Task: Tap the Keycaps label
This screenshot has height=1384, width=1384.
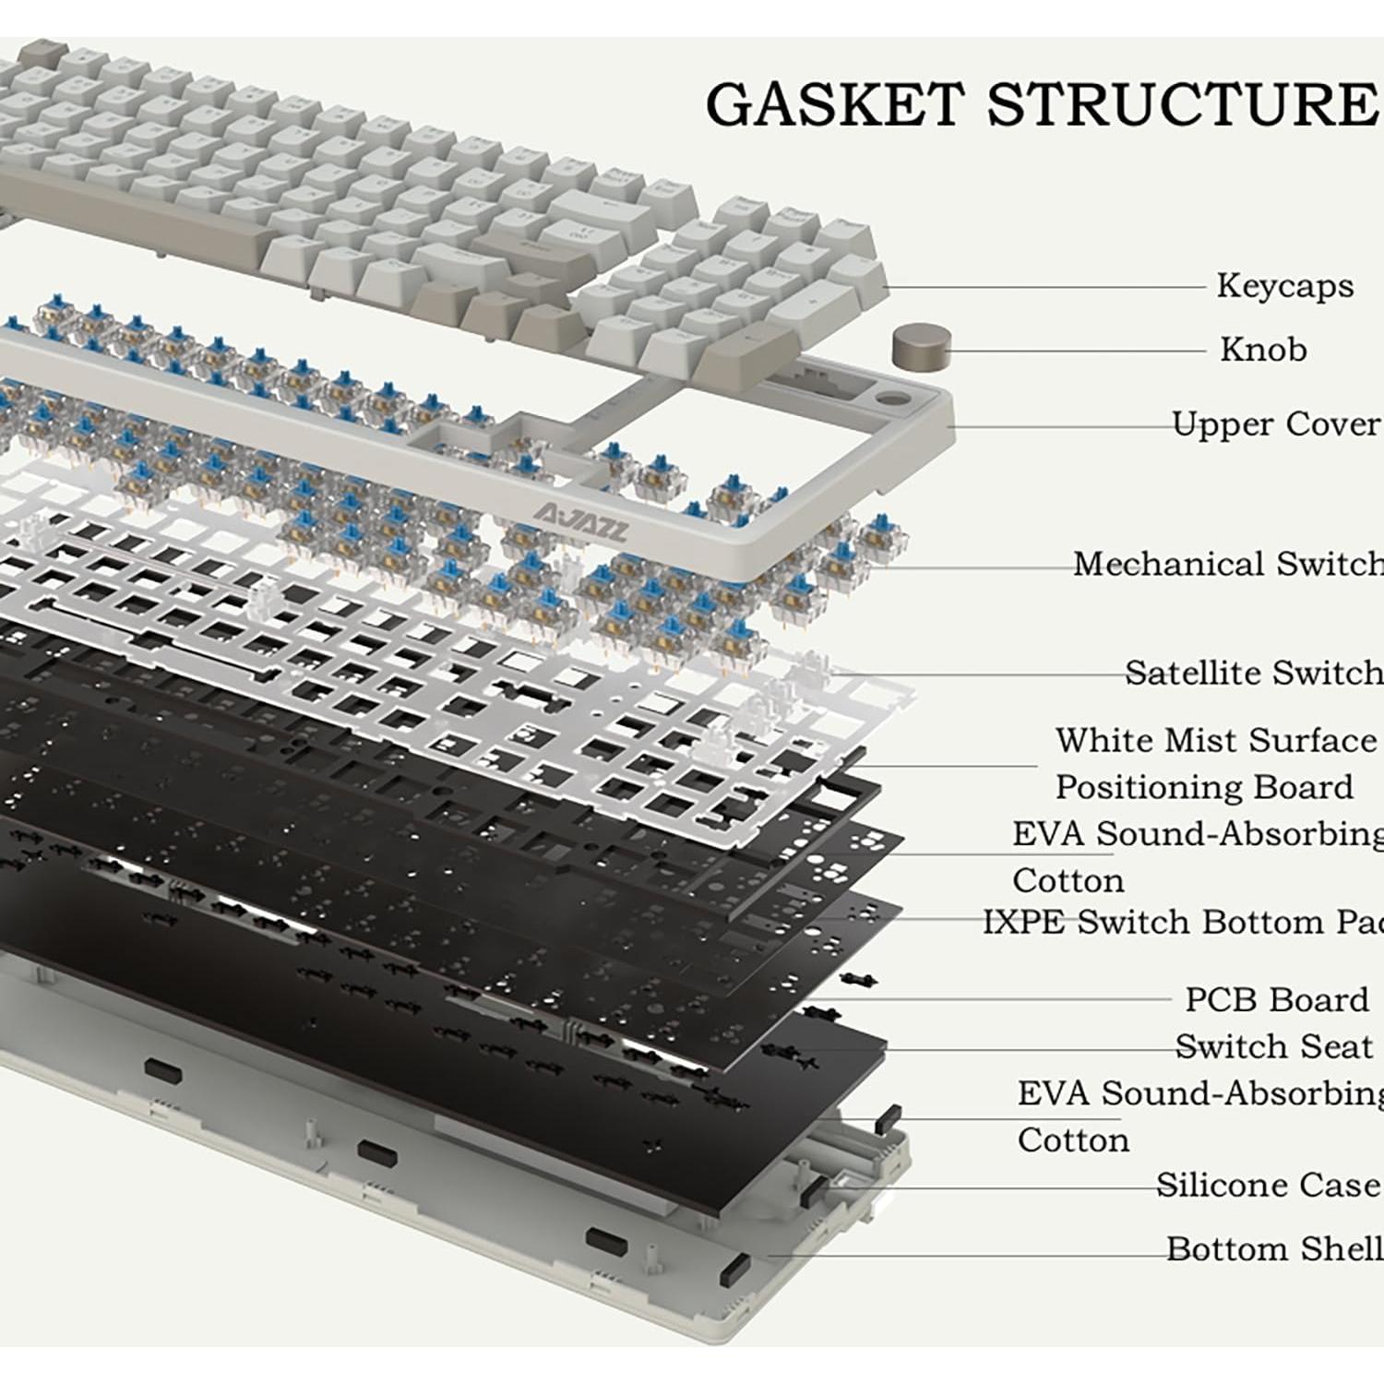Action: [x=1284, y=286]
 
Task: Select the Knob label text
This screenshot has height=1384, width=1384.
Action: [x=1263, y=350]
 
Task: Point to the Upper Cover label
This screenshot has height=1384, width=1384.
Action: [x=1276, y=424]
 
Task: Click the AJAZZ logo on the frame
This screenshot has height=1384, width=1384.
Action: [x=581, y=523]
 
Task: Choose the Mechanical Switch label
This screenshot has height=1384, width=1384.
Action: [x=1227, y=564]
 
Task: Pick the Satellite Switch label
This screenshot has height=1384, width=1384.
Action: [x=1253, y=673]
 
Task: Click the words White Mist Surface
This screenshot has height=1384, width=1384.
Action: [x=1215, y=741]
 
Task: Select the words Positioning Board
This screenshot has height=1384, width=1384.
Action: [x=1204, y=788]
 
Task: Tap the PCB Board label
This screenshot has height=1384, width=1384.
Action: [x=1276, y=999]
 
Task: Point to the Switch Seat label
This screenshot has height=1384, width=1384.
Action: [x=1273, y=1046]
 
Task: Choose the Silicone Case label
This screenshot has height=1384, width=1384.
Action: [x=1268, y=1185]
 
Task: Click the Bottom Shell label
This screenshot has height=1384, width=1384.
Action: [x=1273, y=1248]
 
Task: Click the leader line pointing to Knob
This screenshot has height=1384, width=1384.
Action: [x=1080, y=351]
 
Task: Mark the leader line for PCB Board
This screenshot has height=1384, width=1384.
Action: [x=1015, y=998]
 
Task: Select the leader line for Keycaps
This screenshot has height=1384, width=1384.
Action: [x=1043, y=287]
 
